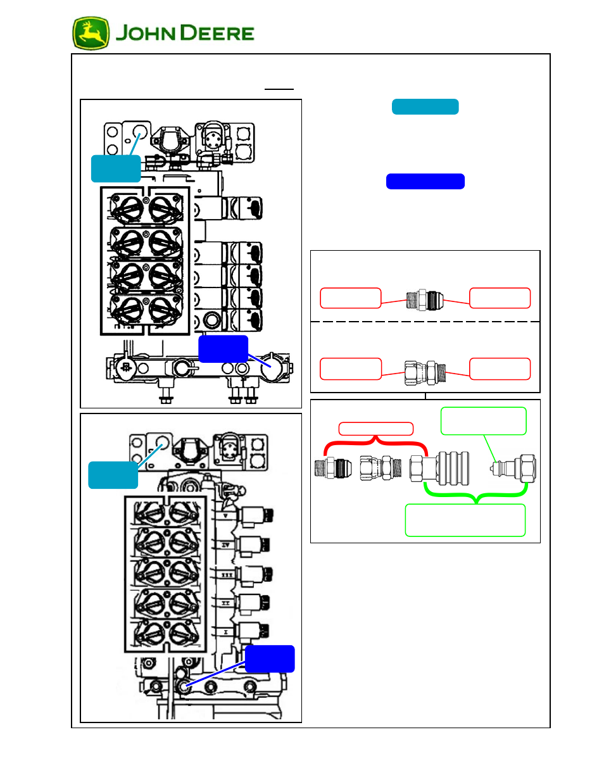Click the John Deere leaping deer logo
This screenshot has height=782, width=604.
coord(91,34)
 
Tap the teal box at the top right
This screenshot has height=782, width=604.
coord(425,107)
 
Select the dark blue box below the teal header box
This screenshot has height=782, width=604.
coord(425,182)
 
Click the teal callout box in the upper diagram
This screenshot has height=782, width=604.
coord(116,168)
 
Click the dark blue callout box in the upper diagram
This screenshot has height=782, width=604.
coord(223,349)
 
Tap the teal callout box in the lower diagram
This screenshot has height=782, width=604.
coord(113,475)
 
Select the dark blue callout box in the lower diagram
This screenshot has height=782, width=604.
coord(269,659)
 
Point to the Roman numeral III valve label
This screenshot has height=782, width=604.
coord(226,575)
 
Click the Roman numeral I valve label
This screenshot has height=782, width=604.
coord(225,632)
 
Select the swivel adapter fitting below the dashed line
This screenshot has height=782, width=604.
coord(425,373)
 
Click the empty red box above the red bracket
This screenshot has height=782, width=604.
coord(375,429)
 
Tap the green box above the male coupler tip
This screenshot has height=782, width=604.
coord(483,421)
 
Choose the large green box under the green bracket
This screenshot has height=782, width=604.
coord(465,520)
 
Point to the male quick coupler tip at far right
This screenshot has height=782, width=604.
coord(513,469)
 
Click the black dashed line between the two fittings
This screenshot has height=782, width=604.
coord(425,322)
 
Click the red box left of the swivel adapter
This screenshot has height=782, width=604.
coord(351,369)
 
